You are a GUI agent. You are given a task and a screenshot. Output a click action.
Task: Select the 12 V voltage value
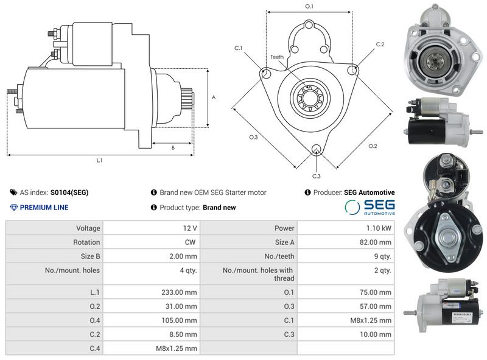click(189, 228)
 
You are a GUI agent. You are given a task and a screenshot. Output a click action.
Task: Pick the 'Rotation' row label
click(86, 242)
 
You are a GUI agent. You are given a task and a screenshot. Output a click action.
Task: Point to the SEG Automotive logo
click(370, 207)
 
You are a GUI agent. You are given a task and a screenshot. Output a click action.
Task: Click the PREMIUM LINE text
click(44, 207)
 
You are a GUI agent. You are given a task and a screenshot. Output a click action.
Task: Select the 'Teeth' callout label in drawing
click(277, 57)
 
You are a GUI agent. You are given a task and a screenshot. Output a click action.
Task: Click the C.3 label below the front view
click(317, 176)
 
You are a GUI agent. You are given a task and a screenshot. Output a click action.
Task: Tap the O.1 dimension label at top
click(309, 6)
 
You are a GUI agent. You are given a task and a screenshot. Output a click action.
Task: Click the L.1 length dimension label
click(99, 161)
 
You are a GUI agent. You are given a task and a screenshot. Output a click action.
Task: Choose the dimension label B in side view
click(173, 147)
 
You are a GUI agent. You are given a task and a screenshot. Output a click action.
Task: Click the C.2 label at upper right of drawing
click(380, 44)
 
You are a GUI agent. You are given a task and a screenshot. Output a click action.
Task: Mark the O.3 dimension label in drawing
click(254, 138)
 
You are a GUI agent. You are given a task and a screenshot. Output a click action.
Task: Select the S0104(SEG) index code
click(69, 192)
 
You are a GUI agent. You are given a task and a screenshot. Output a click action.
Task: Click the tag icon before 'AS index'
click(14, 192)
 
